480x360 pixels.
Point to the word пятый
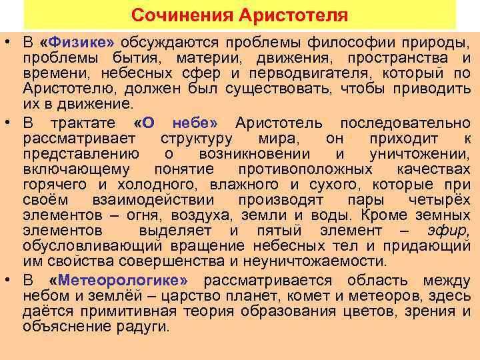281,231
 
